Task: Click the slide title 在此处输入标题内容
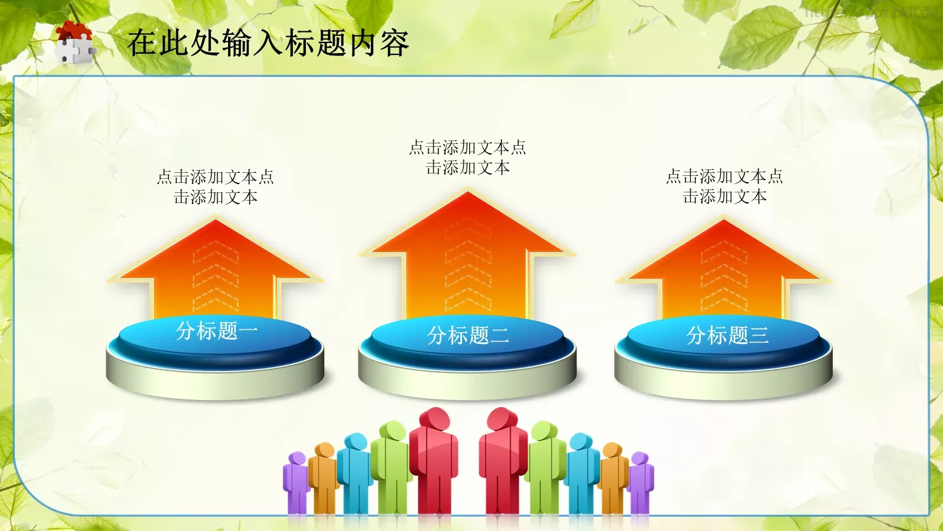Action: point(268,42)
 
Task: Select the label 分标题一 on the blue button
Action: point(216,331)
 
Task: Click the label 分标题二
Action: point(468,336)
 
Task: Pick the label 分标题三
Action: point(727,336)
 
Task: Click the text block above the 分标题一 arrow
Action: point(216,186)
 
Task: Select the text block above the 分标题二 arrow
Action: point(468,157)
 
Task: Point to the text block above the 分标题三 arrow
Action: point(724,186)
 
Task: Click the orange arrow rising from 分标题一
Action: point(216,265)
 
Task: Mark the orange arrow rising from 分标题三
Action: point(724,265)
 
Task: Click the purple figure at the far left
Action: point(296,481)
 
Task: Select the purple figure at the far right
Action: point(641,481)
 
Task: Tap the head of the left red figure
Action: point(435,419)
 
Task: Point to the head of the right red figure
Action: point(503,419)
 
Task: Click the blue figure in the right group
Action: point(581,472)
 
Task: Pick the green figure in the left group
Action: point(390,466)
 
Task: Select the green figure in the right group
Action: point(545,466)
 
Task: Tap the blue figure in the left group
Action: point(355,472)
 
